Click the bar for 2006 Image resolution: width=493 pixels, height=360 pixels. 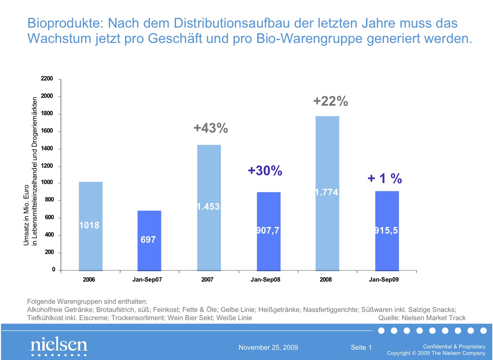(90, 226)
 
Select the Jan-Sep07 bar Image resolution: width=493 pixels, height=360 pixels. (149, 241)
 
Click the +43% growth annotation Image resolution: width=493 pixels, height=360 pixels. (211, 128)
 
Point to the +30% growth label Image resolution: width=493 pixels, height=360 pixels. (265, 170)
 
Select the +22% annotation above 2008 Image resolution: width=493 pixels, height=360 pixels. (331, 101)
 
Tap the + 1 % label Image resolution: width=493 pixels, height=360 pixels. (385, 178)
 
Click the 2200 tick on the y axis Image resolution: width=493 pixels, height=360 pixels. (47, 78)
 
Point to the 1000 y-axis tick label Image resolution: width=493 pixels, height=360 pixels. (47, 182)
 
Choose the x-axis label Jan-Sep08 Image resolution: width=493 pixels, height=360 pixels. (265, 280)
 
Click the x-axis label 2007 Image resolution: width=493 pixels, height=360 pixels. (207, 280)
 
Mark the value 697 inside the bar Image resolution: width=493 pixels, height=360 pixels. (148, 240)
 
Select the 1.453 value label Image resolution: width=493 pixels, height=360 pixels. (208, 207)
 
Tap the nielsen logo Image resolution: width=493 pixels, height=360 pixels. (59, 345)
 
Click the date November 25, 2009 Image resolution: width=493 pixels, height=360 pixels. (268, 347)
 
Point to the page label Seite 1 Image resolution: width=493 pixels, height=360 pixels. (361, 347)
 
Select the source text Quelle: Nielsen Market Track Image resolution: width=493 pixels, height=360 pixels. (422, 318)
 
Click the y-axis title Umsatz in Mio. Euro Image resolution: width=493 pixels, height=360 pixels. (26, 215)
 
